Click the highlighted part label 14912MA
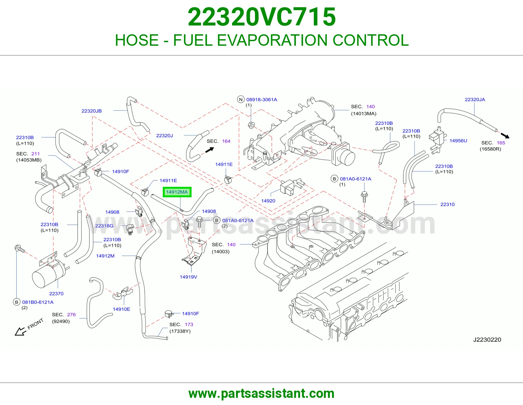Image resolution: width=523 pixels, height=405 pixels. (177, 192)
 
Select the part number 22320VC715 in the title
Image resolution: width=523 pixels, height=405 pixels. (261, 17)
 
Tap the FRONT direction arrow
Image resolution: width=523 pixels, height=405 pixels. (21, 331)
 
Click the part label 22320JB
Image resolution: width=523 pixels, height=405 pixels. (92, 111)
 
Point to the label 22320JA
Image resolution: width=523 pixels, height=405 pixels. (475, 100)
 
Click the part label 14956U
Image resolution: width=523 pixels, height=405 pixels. (458, 141)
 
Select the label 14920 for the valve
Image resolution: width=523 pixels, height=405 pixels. (268, 201)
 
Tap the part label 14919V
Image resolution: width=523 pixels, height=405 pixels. (189, 277)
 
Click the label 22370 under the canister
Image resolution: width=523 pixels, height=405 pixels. (56, 294)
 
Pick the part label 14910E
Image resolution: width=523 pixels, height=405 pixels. (122, 309)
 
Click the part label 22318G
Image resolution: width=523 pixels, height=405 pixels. (104, 226)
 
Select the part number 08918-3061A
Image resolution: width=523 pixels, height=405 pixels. (261, 100)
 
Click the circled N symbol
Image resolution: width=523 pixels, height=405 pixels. (241, 99)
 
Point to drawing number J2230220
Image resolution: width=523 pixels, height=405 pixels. (487, 340)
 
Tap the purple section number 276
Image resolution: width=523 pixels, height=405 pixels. (71, 315)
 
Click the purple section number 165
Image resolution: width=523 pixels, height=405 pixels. (501, 143)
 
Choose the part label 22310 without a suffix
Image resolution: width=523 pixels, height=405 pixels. (447, 204)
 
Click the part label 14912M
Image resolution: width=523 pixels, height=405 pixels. (105, 256)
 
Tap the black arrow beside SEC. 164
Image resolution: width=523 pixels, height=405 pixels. (210, 150)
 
